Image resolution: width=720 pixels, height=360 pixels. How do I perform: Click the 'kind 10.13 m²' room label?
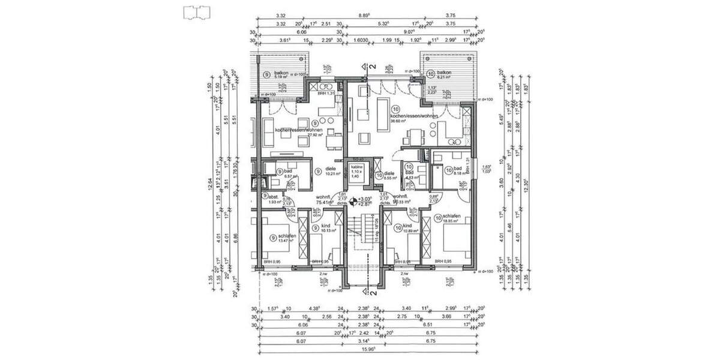[x=326, y=229]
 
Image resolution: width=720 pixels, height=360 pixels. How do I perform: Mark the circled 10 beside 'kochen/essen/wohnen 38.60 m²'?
[x=393, y=106]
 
